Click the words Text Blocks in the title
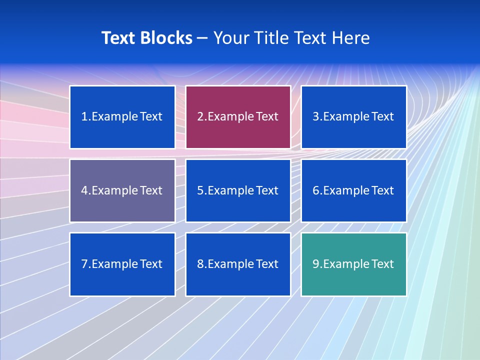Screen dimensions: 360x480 pyautogui.click(x=146, y=38)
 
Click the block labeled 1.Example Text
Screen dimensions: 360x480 pyautogui.click(x=122, y=117)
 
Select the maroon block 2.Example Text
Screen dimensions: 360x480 pyautogui.click(x=238, y=117)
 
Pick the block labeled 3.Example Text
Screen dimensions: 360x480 pyautogui.click(x=353, y=117)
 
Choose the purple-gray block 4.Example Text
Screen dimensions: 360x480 pyautogui.click(x=122, y=190)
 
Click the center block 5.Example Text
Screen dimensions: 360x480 pyautogui.click(x=238, y=190)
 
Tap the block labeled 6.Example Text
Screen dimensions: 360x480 pyautogui.click(x=353, y=190)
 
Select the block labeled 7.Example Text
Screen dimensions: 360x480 pyautogui.click(x=122, y=264)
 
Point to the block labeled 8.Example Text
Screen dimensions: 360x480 pyautogui.click(x=238, y=264)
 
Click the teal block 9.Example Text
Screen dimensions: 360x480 pyautogui.click(x=353, y=264)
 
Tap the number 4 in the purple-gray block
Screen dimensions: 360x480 pyautogui.click(x=84, y=190)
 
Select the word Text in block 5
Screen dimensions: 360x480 pyautogui.click(x=267, y=190)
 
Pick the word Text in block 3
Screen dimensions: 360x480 pyautogui.click(x=383, y=117)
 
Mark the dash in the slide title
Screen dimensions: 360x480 pyautogui.click(x=202, y=38)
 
